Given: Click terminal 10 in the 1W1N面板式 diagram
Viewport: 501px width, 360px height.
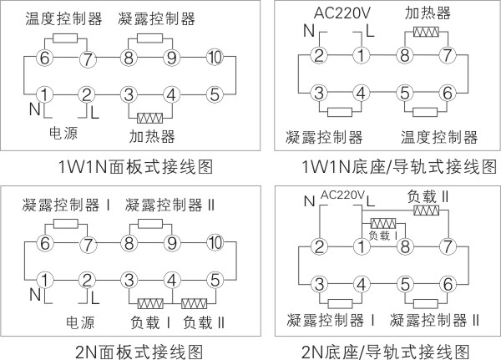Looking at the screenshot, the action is (x=215, y=58).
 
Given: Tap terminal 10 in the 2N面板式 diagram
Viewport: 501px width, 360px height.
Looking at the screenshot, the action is (x=215, y=243).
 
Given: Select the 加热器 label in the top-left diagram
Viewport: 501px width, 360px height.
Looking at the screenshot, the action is (x=152, y=136).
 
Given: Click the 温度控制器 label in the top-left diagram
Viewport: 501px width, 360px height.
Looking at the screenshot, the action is (x=63, y=18).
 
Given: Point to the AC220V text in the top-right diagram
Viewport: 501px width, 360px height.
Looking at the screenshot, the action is (x=342, y=13).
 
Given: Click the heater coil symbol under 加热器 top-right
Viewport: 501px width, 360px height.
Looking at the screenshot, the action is (x=426, y=32).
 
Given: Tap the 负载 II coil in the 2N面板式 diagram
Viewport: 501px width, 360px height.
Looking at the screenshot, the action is (x=194, y=303).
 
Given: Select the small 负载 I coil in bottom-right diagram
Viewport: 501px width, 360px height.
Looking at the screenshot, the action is (x=383, y=224).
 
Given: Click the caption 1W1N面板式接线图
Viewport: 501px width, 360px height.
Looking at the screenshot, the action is (x=135, y=166).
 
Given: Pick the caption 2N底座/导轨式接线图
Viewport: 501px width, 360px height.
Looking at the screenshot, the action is (x=385, y=352).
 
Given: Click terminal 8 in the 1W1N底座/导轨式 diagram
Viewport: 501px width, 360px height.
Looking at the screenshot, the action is (x=405, y=55).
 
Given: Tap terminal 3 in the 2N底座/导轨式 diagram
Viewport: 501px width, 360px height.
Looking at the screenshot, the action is (x=320, y=284).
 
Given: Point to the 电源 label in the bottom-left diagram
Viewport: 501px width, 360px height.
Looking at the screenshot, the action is (x=80, y=322).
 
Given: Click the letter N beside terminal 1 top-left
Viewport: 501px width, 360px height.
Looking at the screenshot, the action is (x=34, y=109).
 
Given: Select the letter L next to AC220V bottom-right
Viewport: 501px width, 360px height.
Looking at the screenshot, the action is (x=371, y=201).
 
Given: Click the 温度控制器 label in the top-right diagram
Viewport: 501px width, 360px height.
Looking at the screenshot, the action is (x=439, y=137).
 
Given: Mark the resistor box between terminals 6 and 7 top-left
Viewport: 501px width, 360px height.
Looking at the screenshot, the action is (x=65, y=38).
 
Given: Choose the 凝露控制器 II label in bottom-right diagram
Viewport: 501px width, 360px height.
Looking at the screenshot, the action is (x=434, y=320).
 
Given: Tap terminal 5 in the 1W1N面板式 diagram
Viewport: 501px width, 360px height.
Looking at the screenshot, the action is (x=215, y=94).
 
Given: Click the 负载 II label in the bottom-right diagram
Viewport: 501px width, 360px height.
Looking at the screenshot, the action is (x=428, y=196).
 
